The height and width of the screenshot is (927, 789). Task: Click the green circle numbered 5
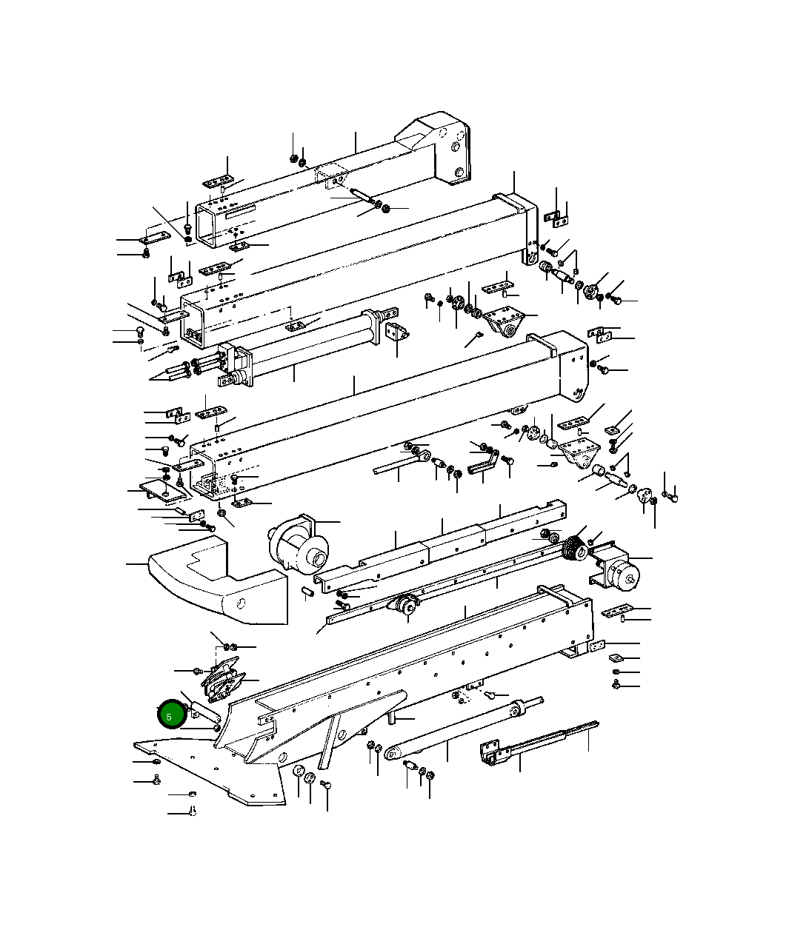(170, 715)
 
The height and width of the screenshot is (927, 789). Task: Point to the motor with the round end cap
(618, 570)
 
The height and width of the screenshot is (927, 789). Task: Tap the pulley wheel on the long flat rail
(405, 604)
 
